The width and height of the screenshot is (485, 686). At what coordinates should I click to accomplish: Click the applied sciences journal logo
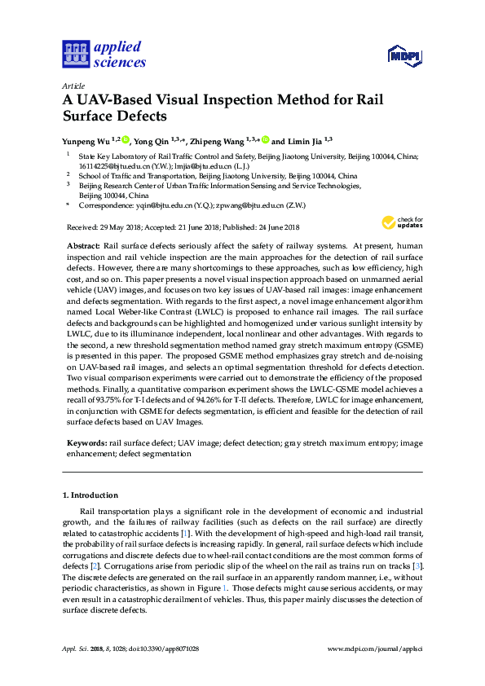pyautogui.click(x=104, y=55)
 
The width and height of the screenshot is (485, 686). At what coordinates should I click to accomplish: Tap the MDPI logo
pyautogui.click(x=405, y=55)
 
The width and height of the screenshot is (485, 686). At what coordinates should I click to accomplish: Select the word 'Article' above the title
pyautogui.click(x=73, y=86)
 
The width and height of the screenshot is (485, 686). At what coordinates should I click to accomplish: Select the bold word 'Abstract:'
pyautogui.click(x=82, y=245)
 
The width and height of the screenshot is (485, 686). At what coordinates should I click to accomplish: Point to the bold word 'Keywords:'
pyautogui.click(x=86, y=442)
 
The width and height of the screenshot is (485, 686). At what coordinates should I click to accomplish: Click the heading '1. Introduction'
pyautogui.click(x=90, y=495)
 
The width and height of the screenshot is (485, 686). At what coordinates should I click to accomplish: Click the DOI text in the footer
pyautogui.click(x=164, y=649)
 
